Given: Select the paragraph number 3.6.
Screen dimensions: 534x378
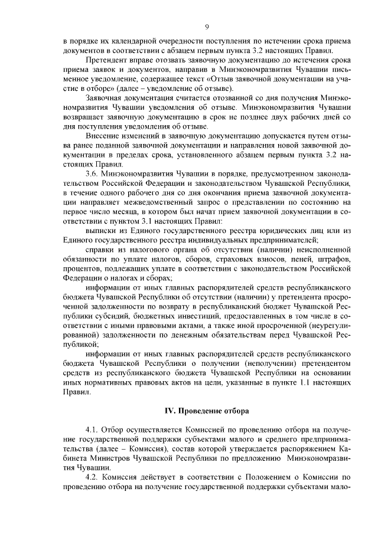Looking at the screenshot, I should coord(94,175).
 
